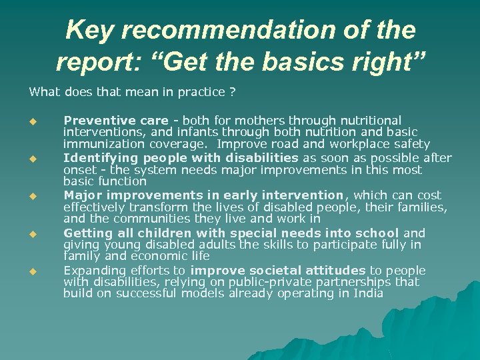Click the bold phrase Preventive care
pyautogui.click(x=115, y=121)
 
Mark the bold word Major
pyautogui.click(x=83, y=195)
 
